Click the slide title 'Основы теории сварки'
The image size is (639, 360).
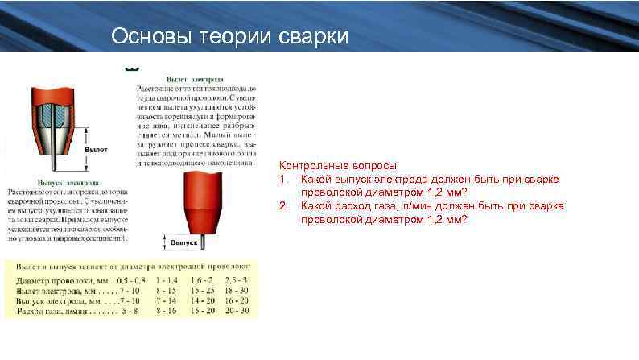pos(229,37)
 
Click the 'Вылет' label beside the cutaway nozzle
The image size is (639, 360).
pos(97,151)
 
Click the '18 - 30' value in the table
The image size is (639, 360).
pos(237,290)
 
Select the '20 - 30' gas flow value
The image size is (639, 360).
pos(237,309)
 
